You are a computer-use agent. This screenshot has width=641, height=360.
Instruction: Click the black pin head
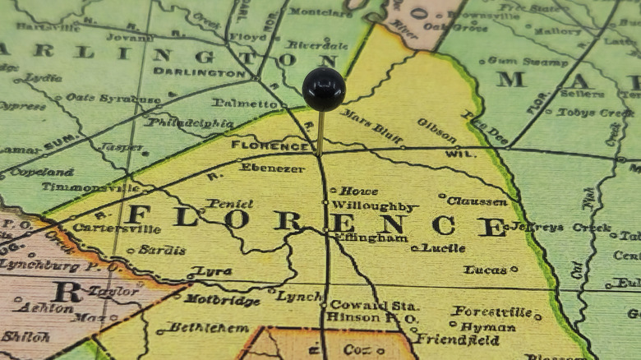pos(323,89)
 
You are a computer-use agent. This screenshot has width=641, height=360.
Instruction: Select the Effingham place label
pos(371,238)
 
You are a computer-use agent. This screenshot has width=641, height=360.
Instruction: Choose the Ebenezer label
pos(272,167)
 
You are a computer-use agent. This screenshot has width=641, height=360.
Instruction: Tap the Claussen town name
pos(477,201)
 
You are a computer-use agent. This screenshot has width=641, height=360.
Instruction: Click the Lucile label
pos(444,247)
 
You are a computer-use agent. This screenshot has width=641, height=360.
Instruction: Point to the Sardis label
pos(162,250)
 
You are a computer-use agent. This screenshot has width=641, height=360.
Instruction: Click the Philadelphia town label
pos(190,123)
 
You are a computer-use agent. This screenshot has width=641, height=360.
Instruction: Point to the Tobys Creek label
pos(593,113)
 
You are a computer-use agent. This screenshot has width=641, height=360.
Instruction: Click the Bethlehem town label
pos(208,327)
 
